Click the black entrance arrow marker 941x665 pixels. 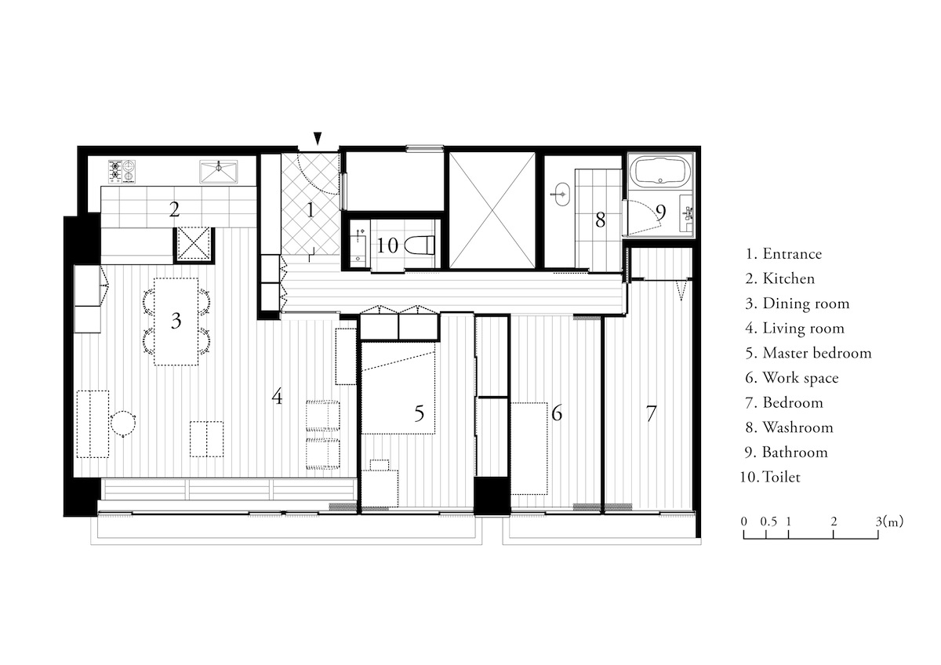pyautogui.click(x=317, y=138)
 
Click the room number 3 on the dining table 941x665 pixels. pyautogui.click(x=176, y=321)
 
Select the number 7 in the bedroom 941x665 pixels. pyautogui.click(x=651, y=413)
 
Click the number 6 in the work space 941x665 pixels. pyautogui.click(x=557, y=412)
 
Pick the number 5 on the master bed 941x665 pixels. pyautogui.click(x=419, y=412)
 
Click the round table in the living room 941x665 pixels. pyautogui.click(x=123, y=423)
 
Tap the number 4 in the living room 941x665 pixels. pyautogui.click(x=277, y=398)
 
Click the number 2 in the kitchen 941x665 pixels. pyautogui.click(x=174, y=209)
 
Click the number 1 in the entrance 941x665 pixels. pyautogui.click(x=309, y=209)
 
